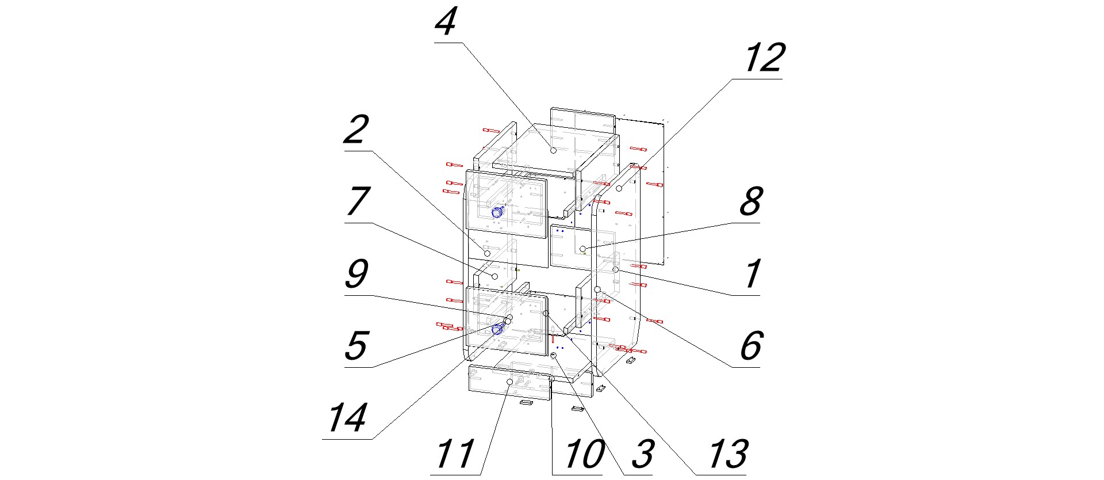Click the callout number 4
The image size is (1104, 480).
(x=446, y=24)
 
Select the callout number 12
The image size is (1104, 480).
(x=764, y=58)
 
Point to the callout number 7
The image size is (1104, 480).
(x=357, y=202)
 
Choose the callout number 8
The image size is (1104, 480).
(x=751, y=202)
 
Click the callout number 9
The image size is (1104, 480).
(x=356, y=275)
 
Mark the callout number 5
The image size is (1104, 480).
(x=356, y=346)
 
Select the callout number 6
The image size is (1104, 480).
(x=751, y=346)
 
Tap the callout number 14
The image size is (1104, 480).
(x=347, y=418)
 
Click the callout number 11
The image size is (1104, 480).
(x=455, y=455)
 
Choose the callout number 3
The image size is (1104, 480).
(x=643, y=455)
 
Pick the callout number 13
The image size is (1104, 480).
(x=728, y=455)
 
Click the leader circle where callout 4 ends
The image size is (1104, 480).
(x=553, y=150)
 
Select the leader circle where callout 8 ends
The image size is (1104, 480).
(x=582, y=249)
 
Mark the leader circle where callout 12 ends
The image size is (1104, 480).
(x=619, y=188)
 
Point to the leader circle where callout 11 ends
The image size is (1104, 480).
(x=509, y=382)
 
